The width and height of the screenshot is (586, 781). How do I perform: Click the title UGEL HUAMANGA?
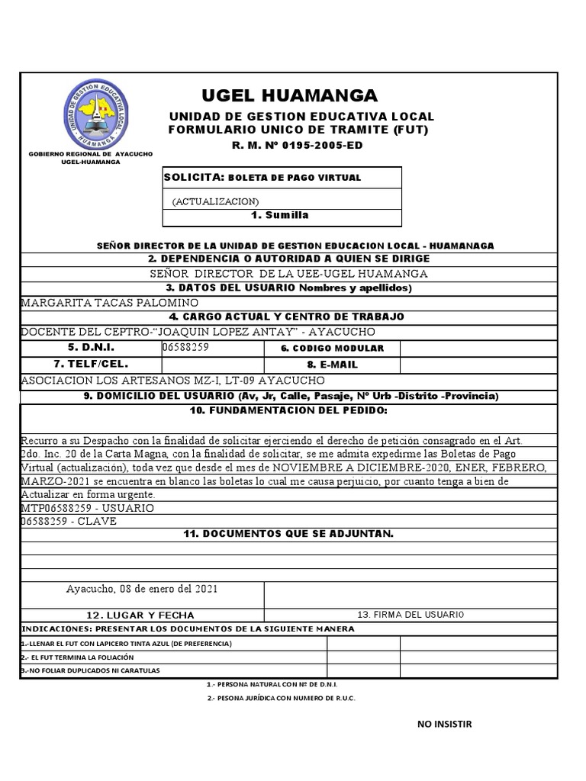coord(289,95)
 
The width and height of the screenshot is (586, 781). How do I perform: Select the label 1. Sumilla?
coord(280,216)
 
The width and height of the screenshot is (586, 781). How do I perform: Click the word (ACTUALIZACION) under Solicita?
coord(216,201)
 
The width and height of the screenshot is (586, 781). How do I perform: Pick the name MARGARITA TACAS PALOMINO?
coord(99,302)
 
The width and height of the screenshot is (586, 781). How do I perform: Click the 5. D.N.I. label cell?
coord(91,347)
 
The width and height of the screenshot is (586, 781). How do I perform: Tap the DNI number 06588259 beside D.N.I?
coord(186,347)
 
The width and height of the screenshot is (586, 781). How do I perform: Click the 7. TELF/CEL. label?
coord(91,364)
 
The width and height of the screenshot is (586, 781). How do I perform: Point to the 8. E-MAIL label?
coord(332,365)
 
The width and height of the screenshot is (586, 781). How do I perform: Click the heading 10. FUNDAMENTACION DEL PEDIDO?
coord(289,411)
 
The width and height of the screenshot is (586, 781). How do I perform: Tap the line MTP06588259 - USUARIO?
coord(88,508)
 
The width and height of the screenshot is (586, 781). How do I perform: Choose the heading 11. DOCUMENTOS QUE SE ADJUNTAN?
coord(289,534)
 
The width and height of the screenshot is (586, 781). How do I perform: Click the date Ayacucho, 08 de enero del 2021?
coord(142,590)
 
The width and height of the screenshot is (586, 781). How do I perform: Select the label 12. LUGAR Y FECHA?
coord(140,615)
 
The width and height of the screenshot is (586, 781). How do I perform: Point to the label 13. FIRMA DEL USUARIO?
coord(411,615)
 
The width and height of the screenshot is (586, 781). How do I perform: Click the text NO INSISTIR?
coord(445,724)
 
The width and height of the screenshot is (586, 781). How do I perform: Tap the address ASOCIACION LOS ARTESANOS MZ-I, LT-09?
coord(172,380)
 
